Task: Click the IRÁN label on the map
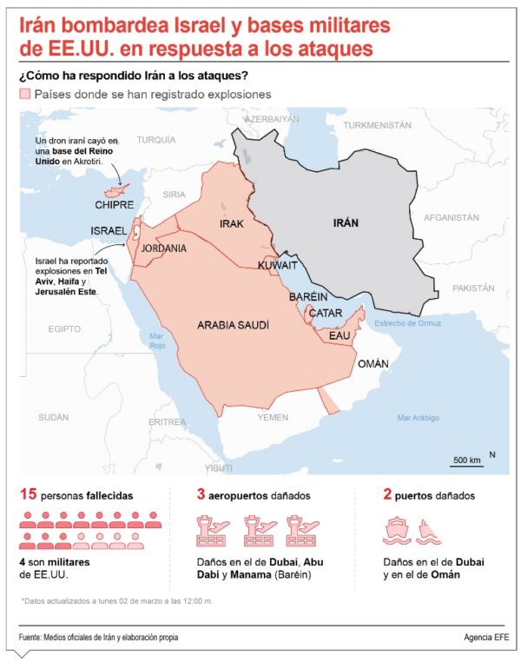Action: (x=346, y=223)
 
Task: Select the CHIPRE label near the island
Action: (x=115, y=205)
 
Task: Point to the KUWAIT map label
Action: (x=278, y=264)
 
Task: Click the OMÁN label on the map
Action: (x=373, y=364)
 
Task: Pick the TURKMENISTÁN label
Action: (x=377, y=125)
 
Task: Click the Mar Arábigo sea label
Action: (x=420, y=418)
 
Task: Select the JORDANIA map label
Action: (x=164, y=248)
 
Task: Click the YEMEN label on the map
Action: (x=272, y=417)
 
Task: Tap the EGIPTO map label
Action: (x=64, y=328)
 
